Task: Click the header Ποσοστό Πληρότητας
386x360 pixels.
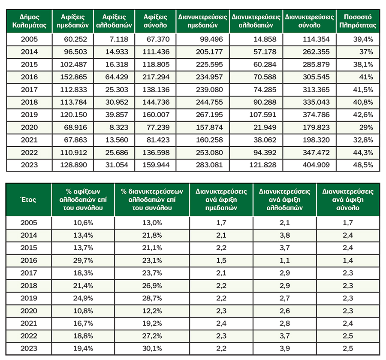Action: point(358,21)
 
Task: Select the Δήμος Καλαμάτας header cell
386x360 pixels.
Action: point(29,21)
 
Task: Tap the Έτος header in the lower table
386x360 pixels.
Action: point(29,200)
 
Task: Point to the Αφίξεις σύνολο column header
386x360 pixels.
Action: point(155,21)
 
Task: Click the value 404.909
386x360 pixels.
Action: point(316,165)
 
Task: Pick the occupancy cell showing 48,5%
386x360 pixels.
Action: point(363,165)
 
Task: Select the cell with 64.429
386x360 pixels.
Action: point(117,77)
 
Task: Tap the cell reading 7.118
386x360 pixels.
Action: point(119,39)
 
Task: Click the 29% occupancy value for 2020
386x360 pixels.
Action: point(366,127)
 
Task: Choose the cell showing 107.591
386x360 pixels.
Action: point(262,115)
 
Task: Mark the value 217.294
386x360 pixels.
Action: point(156,77)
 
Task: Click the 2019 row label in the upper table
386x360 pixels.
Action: point(29,115)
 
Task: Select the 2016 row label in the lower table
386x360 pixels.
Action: point(29,260)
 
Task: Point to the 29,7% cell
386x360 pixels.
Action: point(83,260)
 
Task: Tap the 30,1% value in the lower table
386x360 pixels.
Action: point(152,348)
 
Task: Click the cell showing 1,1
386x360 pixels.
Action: point(285,260)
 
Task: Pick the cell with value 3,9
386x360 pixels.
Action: point(285,348)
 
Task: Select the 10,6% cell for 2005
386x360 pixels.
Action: point(83,223)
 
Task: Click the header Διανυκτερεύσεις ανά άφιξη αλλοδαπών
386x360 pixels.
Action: point(285,200)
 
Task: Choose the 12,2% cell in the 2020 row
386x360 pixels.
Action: point(152,311)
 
